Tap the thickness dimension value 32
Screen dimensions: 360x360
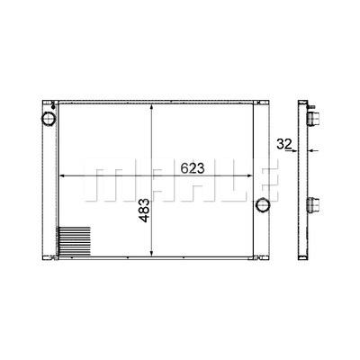point(283,142)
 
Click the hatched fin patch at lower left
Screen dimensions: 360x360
point(74,242)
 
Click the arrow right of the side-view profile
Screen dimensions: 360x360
point(314,150)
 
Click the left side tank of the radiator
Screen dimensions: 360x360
point(48,180)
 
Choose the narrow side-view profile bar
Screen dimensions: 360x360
point(303,180)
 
